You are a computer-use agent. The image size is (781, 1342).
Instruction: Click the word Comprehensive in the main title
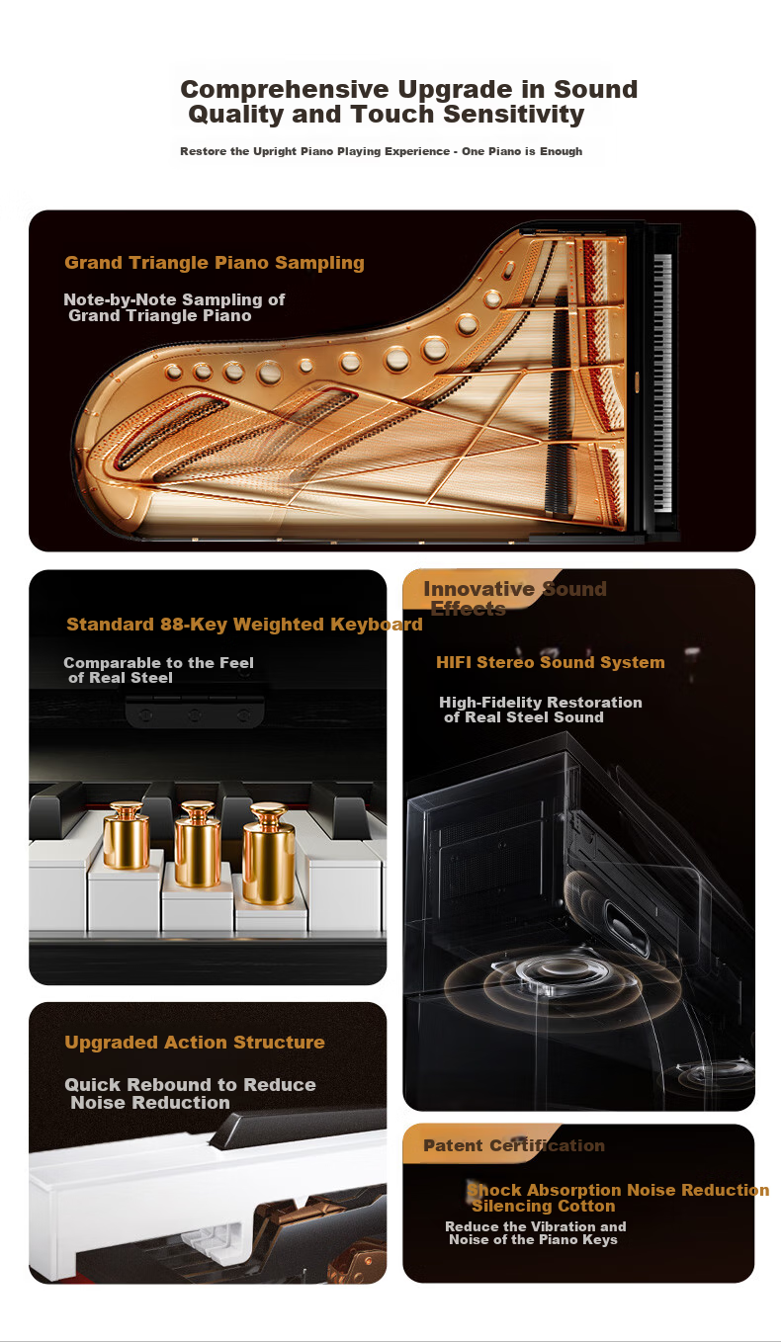[285, 90]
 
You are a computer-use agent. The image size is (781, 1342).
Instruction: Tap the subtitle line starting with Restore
[382, 151]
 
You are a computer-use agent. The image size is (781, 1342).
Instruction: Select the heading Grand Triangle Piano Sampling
[215, 263]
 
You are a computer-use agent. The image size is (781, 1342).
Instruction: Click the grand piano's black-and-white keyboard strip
[662, 383]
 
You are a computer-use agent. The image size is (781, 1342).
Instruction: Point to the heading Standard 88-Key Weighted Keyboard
[244, 625]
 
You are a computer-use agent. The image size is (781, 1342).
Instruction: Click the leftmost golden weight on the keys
[126, 835]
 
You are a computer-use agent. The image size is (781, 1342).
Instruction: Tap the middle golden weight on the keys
[198, 845]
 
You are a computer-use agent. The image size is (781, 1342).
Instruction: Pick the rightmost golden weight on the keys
[269, 854]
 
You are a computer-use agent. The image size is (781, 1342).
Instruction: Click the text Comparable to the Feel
[159, 663]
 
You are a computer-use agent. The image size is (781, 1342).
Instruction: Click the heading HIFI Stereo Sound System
[551, 662]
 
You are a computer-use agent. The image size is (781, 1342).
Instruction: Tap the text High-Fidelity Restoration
[541, 703]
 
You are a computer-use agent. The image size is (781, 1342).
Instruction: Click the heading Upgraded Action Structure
[195, 1042]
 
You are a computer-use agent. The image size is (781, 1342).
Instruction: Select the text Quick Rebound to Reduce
[190, 1084]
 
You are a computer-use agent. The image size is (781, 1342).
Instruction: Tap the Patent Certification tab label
[514, 1145]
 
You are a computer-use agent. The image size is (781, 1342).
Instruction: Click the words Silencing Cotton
[544, 1206]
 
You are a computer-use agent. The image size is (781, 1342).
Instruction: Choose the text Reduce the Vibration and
[536, 1226]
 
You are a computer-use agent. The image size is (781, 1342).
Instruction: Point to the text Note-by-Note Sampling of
[174, 299]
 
